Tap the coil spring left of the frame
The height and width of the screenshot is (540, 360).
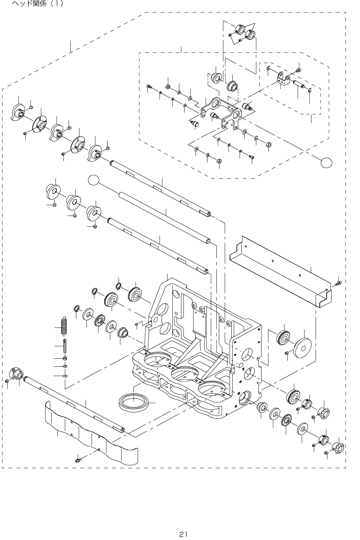(63, 326)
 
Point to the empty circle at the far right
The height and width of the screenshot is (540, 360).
(326, 162)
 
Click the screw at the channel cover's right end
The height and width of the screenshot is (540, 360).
(339, 284)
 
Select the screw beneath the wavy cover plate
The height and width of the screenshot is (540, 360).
(78, 460)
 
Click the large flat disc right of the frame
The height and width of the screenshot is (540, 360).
(302, 347)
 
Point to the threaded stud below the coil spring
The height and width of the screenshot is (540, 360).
(65, 346)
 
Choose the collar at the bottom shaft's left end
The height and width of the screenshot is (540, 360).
(16, 374)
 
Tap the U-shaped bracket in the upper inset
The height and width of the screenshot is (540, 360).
(222, 111)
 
